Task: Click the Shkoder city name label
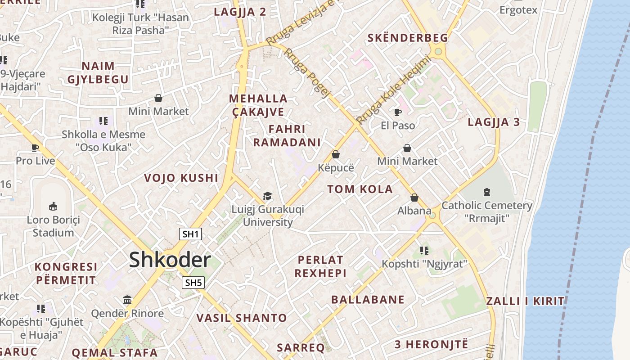pos(170,260)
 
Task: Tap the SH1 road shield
pos(191,234)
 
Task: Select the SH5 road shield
pos(193,283)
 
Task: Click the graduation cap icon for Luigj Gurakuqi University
pos(268,196)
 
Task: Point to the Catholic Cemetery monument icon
pos(486,192)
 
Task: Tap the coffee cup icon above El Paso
pos(398,112)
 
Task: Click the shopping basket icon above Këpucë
pos(336,154)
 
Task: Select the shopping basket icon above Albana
pos(414,198)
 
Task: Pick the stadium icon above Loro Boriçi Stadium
pos(53,207)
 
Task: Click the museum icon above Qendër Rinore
pos(127,300)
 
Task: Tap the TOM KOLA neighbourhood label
pos(360,189)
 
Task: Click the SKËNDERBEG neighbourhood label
pos(408,38)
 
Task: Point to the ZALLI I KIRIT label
pos(526,301)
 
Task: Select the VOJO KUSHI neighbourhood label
pos(181,178)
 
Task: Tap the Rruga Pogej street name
pos(307,73)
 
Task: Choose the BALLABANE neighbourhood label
pos(368,300)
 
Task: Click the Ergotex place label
pos(518,9)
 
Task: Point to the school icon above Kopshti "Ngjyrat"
pos(424,250)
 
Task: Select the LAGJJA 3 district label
pos(494,122)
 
